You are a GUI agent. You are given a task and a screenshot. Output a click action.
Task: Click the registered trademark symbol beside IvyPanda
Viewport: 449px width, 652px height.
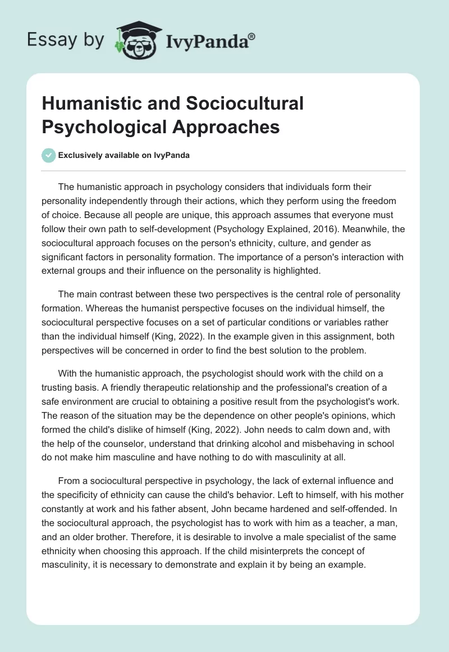click(251, 37)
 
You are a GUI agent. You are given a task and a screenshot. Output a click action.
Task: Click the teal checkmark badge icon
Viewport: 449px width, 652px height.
click(49, 155)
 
